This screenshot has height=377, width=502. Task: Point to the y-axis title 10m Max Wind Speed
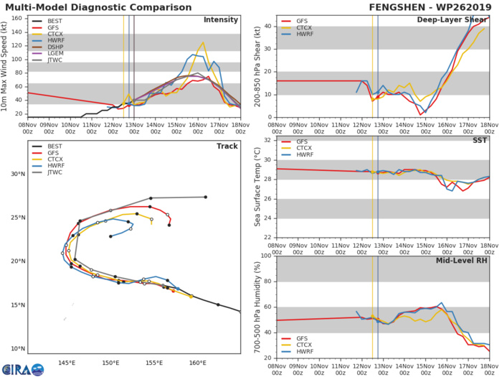tap(6, 65)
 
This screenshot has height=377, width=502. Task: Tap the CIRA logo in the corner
tap(22, 367)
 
